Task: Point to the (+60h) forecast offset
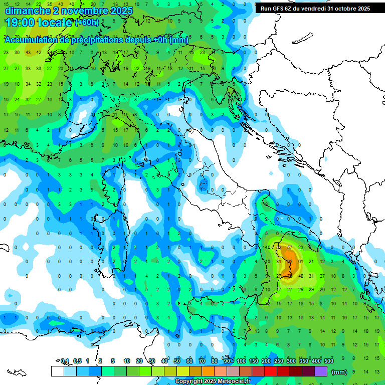point(87,23)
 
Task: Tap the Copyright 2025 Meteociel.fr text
point(213,381)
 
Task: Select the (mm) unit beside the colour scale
point(339,372)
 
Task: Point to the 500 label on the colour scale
point(329,361)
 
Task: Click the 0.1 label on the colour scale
point(65,361)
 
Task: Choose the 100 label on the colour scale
point(241,361)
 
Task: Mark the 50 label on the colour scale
point(177,361)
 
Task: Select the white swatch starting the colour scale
point(57,371)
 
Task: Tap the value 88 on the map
point(289,262)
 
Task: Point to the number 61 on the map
point(300,262)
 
